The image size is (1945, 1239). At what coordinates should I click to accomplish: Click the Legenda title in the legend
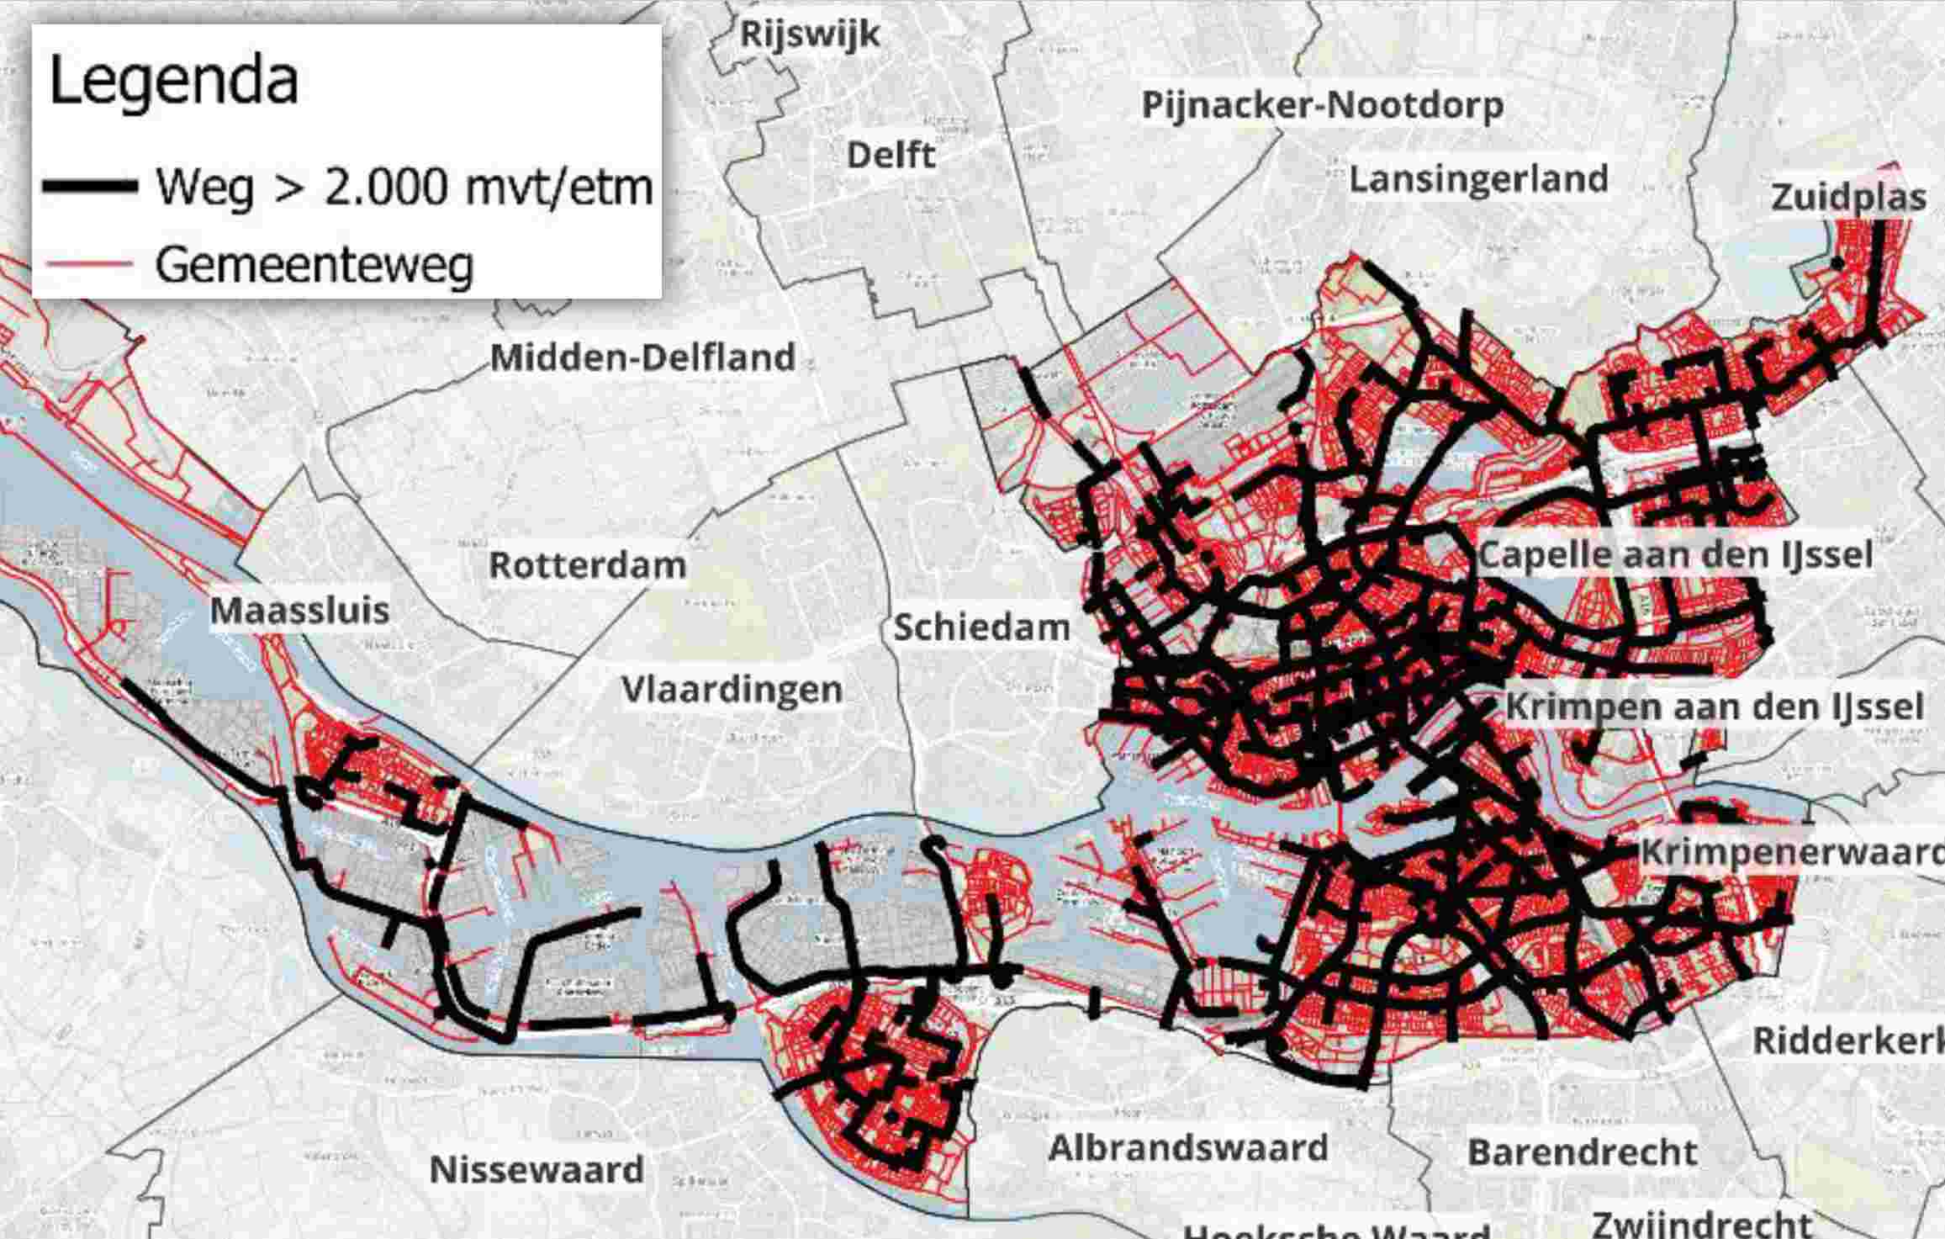174,82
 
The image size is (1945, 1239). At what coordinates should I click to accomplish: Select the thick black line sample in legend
91,187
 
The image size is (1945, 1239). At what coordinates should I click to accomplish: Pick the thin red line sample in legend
91,264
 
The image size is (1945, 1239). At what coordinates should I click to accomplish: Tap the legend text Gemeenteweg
314,265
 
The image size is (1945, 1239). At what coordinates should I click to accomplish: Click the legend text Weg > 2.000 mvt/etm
404,187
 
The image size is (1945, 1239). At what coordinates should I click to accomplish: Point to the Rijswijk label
809,34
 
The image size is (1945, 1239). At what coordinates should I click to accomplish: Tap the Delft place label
891,156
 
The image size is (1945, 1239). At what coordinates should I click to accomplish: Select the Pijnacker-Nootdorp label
1322,106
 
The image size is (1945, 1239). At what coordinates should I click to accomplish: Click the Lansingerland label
1478,179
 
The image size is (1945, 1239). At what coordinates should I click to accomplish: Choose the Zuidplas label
1848,198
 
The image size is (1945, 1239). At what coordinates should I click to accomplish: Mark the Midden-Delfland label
642,357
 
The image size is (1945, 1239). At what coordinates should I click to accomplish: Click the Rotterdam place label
587,565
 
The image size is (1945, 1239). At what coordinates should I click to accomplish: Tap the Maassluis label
299,611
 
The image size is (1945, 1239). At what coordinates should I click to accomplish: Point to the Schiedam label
980,627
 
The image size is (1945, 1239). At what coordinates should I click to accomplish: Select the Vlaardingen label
732,690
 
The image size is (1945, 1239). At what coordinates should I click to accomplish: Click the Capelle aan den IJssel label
1675,555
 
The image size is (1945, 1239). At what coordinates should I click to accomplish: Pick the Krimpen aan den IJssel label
1714,707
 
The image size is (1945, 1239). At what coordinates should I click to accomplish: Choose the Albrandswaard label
1187,1148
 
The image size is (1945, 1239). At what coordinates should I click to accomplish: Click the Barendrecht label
1582,1152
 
